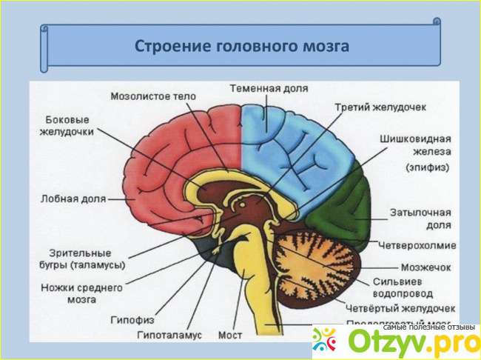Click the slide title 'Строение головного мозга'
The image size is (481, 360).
(x=241, y=46)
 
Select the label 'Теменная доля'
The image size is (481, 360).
(x=269, y=87)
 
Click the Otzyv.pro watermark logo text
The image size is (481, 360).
(x=403, y=342)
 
